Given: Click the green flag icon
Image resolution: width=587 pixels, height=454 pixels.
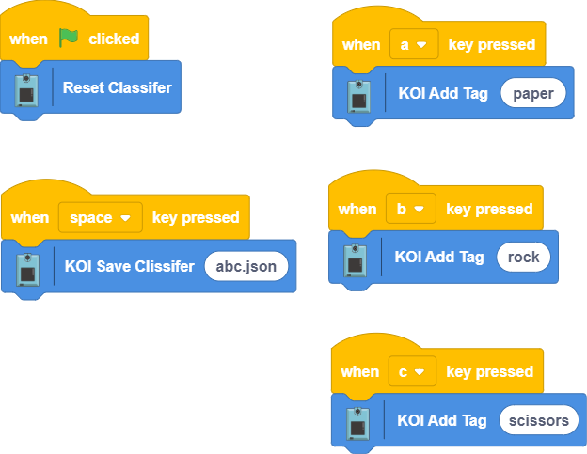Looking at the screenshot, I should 69,38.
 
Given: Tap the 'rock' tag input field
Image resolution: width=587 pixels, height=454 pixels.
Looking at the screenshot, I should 523,257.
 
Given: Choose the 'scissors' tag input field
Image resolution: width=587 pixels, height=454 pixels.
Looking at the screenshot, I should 538,420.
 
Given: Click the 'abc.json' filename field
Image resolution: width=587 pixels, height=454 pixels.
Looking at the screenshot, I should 246,266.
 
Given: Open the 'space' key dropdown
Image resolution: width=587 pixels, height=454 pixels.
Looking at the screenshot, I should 101,217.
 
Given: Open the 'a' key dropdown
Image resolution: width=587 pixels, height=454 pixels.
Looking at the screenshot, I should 414,44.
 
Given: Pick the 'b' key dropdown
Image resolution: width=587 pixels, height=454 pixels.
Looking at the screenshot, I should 411,209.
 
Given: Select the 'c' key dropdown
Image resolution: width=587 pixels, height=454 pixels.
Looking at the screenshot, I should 412,371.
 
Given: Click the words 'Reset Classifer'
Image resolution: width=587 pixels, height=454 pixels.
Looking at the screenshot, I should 117,87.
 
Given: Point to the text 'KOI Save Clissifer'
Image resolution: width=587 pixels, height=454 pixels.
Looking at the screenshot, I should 129,266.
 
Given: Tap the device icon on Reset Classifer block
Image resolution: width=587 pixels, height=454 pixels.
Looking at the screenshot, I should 28,88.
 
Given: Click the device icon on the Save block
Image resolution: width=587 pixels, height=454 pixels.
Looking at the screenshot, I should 30,267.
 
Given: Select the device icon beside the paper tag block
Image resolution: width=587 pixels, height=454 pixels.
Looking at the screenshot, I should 359,94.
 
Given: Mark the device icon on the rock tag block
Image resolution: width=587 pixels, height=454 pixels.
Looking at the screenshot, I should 357,258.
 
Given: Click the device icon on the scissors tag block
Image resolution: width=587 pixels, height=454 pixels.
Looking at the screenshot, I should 358,420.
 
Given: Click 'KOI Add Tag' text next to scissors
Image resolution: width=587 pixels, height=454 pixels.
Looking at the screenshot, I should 442,420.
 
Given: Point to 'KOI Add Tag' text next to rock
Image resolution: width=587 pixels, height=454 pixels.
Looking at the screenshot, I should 439,257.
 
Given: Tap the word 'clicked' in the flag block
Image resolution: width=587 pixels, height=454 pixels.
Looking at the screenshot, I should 114,39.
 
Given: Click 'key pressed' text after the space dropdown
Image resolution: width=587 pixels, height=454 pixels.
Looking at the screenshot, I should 196,217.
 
